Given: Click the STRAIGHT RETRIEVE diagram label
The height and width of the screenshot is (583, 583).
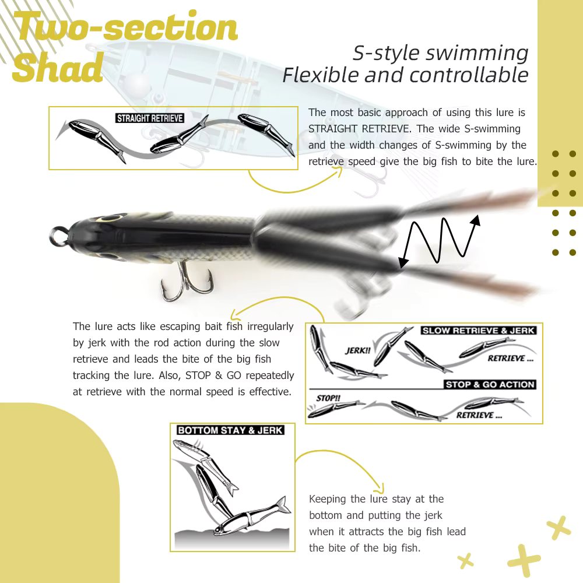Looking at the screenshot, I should pos(150,118).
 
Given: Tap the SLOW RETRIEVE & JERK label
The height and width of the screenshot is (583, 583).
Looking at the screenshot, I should pos(478,331).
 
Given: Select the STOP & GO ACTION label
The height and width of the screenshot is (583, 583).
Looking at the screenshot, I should pos(490,385).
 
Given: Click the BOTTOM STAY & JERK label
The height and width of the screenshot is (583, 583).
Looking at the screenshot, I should pos(230,431).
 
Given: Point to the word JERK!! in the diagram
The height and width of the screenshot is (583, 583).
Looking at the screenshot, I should pos(357,351).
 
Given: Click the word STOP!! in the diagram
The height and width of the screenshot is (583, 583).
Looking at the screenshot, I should pos(328,398).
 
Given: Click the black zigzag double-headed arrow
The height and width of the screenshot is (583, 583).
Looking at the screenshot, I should pos(439,240).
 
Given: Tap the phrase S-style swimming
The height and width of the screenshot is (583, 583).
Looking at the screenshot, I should pos(440,53).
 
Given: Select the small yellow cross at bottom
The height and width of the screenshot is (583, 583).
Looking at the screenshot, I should pos(465,561).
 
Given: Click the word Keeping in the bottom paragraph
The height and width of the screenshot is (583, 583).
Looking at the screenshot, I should pos(329,499).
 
